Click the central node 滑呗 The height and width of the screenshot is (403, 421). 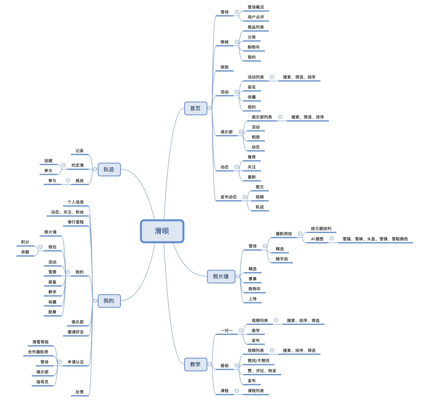(x=162, y=231)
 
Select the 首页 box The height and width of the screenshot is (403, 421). (x=195, y=108)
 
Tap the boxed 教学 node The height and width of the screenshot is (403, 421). (x=195, y=364)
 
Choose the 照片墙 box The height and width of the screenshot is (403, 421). (x=221, y=277)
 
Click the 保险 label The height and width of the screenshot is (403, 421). (x=225, y=67)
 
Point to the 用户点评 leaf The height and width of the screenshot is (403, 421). (x=256, y=17)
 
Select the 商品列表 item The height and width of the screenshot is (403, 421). (x=256, y=27)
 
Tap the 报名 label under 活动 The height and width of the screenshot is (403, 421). (x=252, y=87)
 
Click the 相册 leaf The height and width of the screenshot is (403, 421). (x=256, y=137)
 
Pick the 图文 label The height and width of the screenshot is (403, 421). (x=260, y=187)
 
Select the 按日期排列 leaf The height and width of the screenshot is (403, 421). (x=321, y=229)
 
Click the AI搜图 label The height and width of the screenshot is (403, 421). (x=317, y=239)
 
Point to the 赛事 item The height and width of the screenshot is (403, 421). (x=253, y=279)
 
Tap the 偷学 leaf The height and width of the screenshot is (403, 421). (x=256, y=331)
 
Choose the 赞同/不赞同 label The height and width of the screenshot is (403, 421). (x=259, y=361)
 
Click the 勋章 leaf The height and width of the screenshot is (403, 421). (x=52, y=312)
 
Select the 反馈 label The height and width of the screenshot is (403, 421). (x=80, y=392)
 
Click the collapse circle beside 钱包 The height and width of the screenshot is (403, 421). (x=41, y=247)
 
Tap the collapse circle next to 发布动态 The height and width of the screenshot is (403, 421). (x=245, y=197)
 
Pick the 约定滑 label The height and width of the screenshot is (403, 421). (x=78, y=166)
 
